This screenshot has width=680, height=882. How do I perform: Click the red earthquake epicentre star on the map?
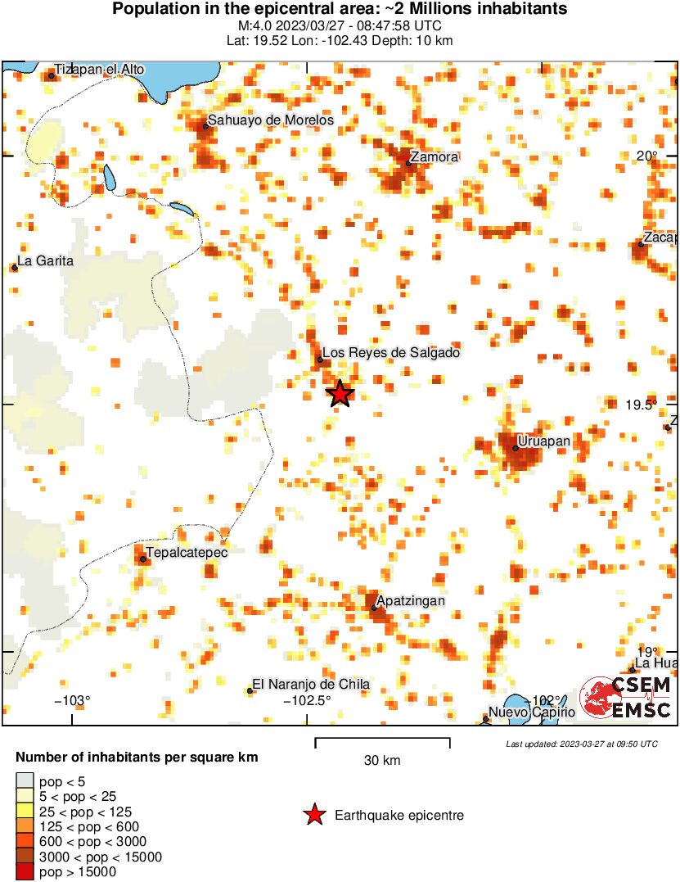[x=340, y=394]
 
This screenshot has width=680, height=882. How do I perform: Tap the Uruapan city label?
[x=543, y=441]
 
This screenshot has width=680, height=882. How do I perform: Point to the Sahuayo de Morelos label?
[x=270, y=120]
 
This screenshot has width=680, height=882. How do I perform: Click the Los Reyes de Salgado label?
[x=391, y=353]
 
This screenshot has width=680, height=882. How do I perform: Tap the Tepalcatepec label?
[x=186, y=552]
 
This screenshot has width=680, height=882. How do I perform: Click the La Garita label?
[x=46, y=261]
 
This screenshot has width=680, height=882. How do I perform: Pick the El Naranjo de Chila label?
[x=311, y=685]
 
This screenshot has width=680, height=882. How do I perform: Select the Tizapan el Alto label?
[x=99, y=70]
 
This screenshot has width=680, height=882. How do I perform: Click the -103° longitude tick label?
[x=72, y=701]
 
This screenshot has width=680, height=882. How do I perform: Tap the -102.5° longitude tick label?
[x=307, y=701]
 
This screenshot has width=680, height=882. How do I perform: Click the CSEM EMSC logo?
[x=625, y=699]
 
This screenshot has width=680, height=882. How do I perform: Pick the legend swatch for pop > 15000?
[x=25, y=872]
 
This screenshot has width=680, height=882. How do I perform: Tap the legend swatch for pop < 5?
[x=25, y=780]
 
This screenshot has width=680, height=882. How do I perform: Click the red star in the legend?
[x=313, y=815]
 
